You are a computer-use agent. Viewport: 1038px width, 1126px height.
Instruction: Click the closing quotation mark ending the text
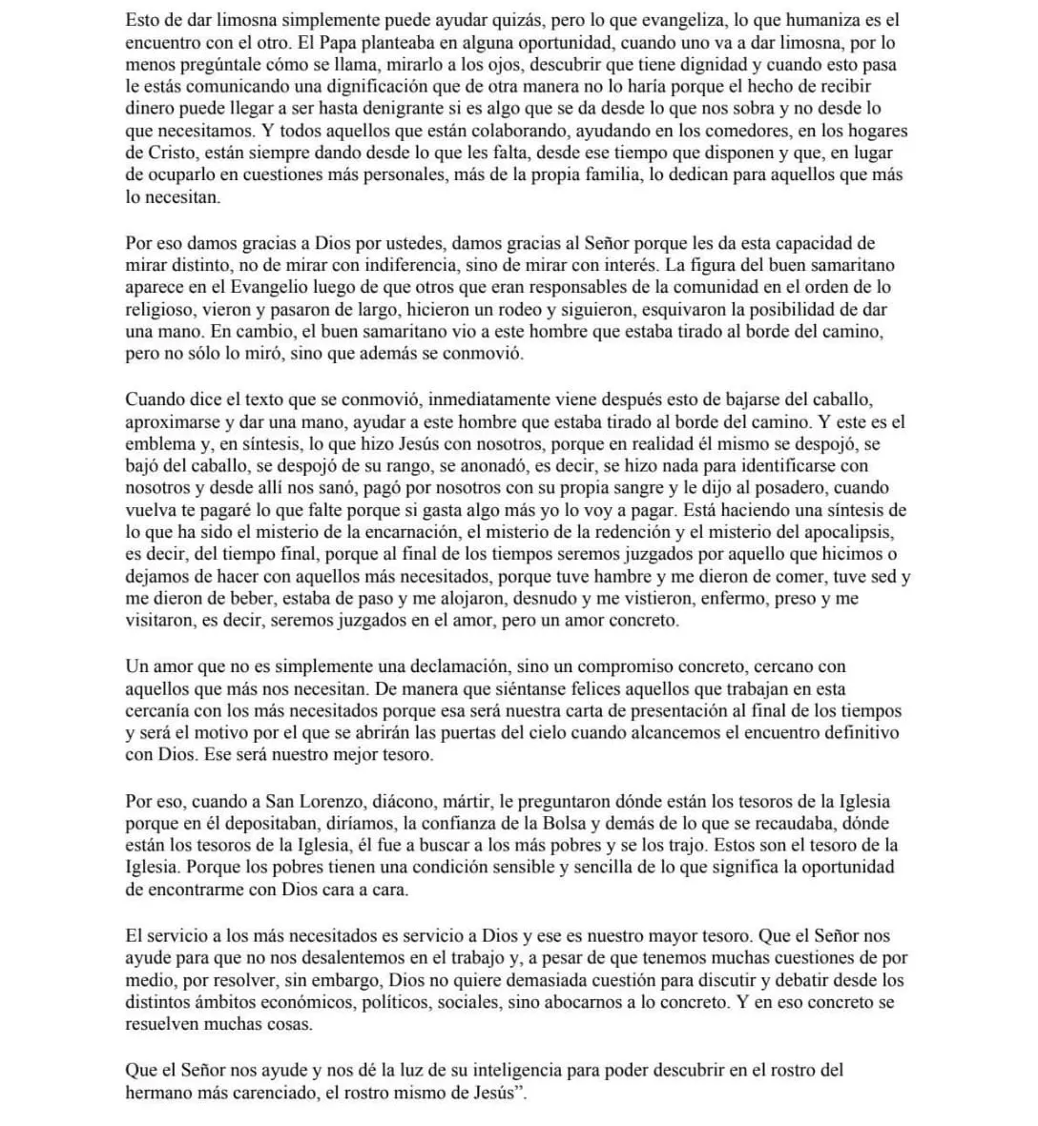pos(520,1092)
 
